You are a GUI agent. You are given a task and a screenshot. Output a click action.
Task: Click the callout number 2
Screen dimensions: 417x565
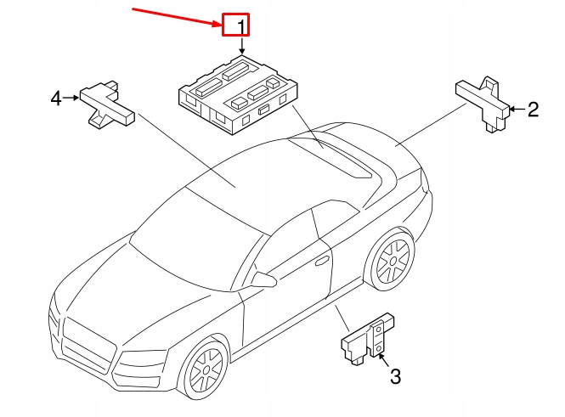pyautogui.click(x=533, y=109)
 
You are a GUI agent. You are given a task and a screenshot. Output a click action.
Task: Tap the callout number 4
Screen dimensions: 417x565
pyautogui.click(x=56, y=99)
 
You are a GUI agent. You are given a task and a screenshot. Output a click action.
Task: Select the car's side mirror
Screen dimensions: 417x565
pyautogui.click(x=263, y=279)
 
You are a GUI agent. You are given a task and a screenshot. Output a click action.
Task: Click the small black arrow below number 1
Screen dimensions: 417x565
pyautogui.click(x=240, y=49)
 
